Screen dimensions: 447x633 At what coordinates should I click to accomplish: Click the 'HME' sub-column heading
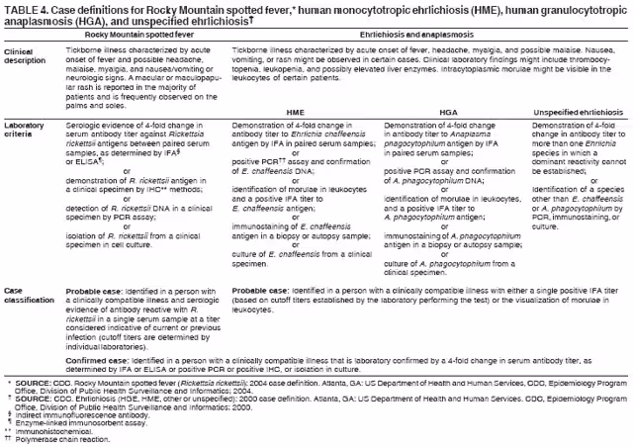[x=295, y=114]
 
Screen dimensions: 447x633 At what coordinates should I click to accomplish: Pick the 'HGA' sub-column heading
[x=447, y=114]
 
